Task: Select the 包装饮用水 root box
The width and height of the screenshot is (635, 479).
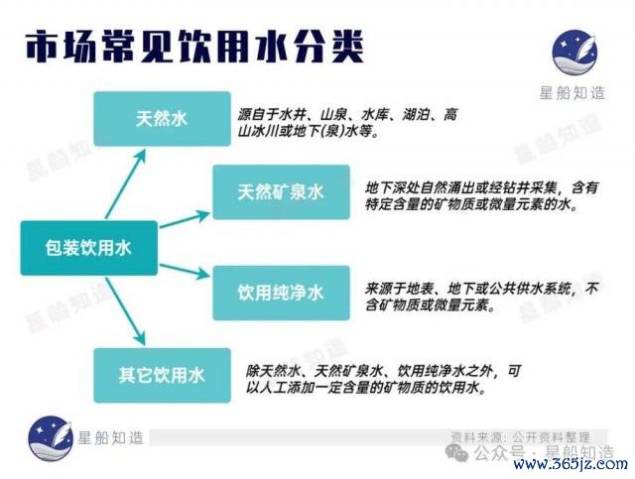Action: (89, 248)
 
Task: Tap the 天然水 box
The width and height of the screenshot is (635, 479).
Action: (162, 119)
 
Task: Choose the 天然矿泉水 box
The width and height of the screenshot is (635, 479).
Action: (281, 192)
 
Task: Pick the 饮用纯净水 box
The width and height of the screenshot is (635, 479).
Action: (281, 293)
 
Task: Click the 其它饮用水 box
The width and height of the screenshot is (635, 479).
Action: (162, 375)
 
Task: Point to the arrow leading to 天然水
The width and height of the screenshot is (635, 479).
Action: (126, 183)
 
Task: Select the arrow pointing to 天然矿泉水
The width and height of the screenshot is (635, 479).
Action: (185, 219)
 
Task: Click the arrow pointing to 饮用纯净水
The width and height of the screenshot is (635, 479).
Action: (185, 271)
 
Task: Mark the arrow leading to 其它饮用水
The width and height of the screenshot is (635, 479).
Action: (126, 311)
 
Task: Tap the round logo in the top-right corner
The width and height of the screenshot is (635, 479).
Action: (574, 53)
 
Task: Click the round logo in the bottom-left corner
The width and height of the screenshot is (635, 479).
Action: (51, 438)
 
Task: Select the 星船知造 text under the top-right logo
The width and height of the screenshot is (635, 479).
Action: (571, 93)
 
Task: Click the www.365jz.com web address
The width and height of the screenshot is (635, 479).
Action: (571, 464)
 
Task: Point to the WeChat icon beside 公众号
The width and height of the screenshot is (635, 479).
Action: (456, 451)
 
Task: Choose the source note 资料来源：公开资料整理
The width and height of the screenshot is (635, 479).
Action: (520, 437)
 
